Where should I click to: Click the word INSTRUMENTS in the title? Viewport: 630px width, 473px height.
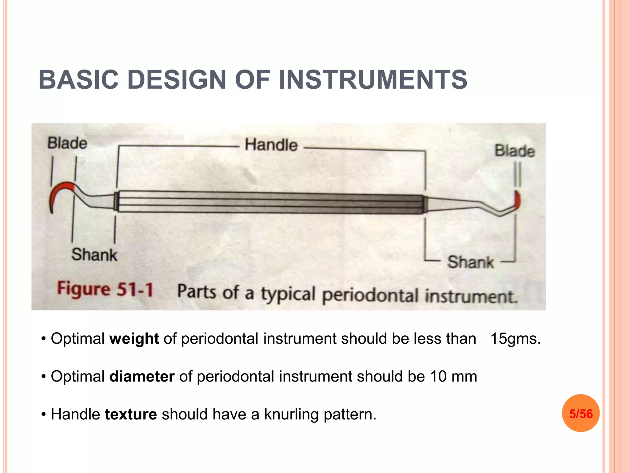[x=373, y=80]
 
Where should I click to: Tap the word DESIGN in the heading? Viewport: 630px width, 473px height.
[x=177, y=80]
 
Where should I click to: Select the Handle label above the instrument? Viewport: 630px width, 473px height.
[x=271, y=145]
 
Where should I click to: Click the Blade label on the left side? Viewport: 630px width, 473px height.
[x=67, y=143]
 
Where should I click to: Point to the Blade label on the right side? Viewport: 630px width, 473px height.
[x=514, y=151]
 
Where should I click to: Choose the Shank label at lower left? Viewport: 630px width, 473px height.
[x=94, y=255]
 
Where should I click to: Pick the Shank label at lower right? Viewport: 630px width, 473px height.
[x=470, y=262]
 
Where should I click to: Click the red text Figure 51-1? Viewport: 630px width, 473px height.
[x=105, y=289]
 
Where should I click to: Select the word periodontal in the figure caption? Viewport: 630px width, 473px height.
[x=370, y=295]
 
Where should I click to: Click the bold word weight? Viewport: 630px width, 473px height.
[x=134, y=339]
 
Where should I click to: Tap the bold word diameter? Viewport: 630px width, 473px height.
[x=142, y=377]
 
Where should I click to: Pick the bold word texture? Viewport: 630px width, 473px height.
[x=131, y=414]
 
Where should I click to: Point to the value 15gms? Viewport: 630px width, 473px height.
[x=515, y=339]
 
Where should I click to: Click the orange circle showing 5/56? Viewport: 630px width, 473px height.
[x=580, y=413]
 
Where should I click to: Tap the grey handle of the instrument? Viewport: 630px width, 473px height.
[x=271, y=203]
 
